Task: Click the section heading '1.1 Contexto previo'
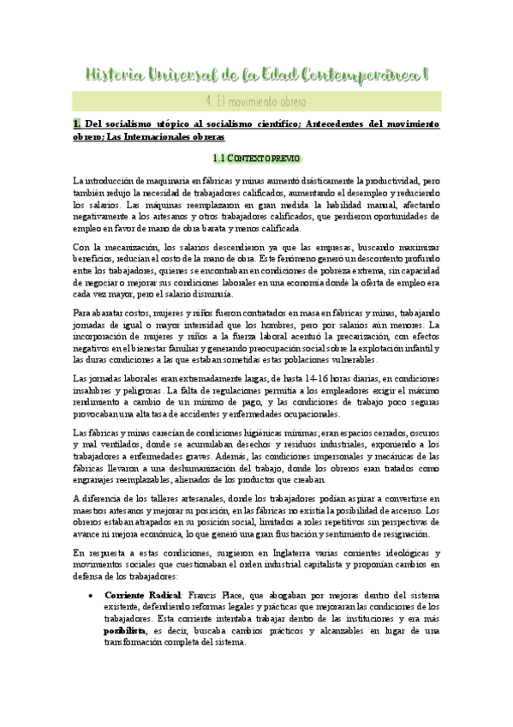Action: coord(255,159)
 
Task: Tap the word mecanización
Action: coord(119,247)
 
